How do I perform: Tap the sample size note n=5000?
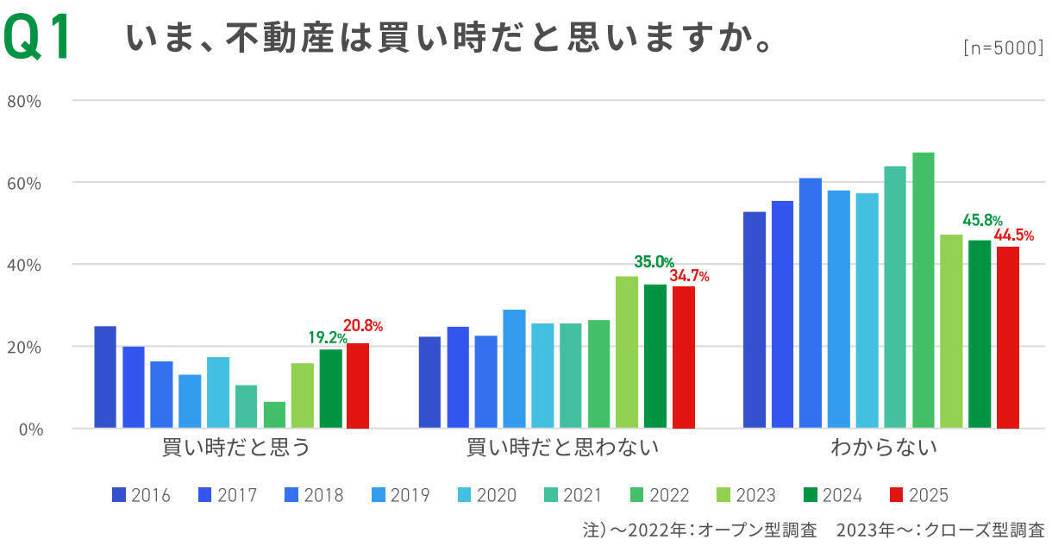click(1003, 49)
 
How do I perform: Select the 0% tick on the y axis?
click(28, 429)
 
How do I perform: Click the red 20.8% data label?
click(363, 326)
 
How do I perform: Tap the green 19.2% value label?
click(326, 337)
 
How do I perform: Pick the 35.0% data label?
click(654, 262)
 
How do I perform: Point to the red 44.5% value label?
click(1014, 235)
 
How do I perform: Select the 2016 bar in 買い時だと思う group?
click(105, 377)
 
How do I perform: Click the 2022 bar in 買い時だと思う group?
click(274, 415)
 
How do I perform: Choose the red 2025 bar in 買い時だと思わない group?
click(684, 357)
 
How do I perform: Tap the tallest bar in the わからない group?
click(924, 290)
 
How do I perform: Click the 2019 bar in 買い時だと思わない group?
click(514, 368)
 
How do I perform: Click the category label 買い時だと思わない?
click(562, 448)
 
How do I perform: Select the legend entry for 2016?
click(141, 495)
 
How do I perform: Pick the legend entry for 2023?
click(747, 495)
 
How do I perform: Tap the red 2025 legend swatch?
click(896, 495)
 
